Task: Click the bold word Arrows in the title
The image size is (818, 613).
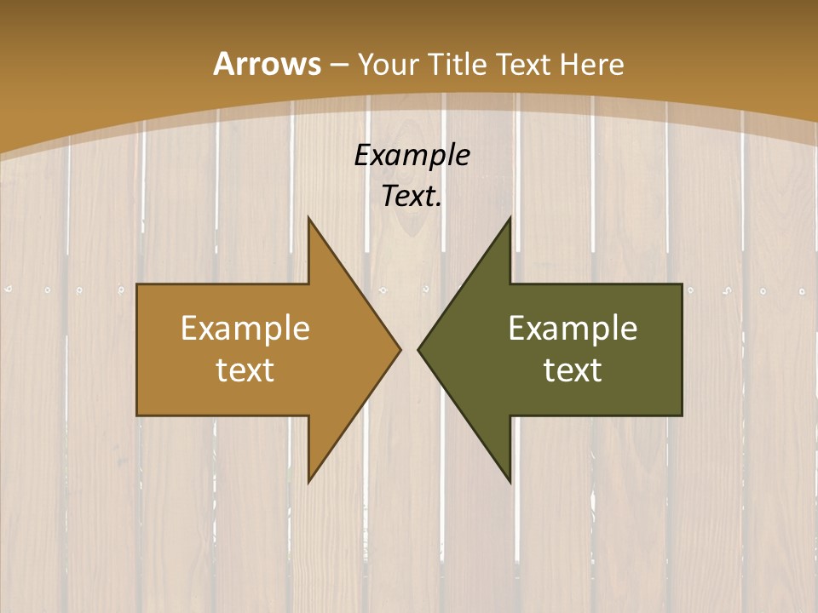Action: point(266,64)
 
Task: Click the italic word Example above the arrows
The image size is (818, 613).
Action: point(412,155)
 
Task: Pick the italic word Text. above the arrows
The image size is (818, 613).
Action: point(412,196)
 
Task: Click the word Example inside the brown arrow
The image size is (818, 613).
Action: point(245,328)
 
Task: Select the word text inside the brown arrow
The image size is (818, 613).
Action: point(245,370)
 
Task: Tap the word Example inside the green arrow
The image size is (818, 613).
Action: point(573,328)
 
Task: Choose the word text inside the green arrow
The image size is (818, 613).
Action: point(573,370)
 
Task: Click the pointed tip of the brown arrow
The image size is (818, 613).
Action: point(400,349)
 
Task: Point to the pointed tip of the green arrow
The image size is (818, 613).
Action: point(418,349)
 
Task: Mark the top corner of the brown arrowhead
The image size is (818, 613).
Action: point(308,217)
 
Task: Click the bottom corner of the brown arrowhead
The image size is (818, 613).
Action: point(308,482)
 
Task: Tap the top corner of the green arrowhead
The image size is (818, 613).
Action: point(510,217)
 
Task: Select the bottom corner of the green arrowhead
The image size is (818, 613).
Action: point(510,482)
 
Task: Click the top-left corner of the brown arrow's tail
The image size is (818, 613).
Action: point(137,284)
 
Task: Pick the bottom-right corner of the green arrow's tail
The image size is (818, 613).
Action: point(682,415)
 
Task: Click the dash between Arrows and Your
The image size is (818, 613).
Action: point(337,65)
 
